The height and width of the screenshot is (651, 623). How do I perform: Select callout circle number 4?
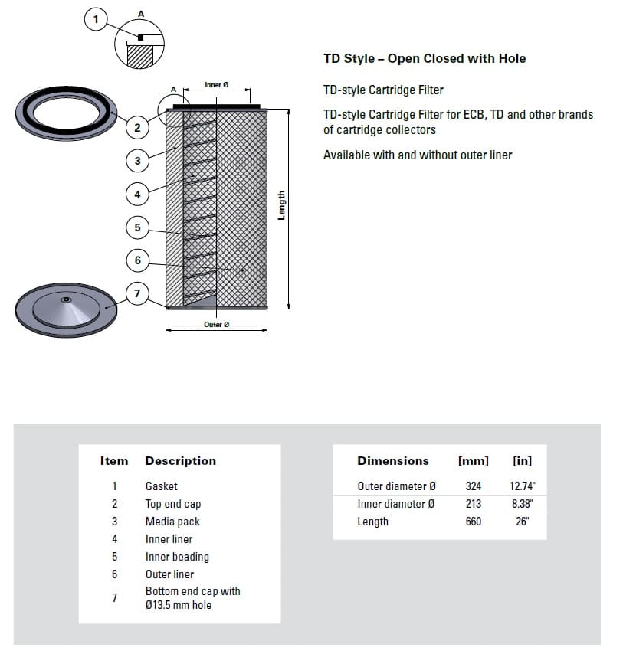tap(137, 195)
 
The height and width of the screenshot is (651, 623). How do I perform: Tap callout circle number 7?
tap(137, 294)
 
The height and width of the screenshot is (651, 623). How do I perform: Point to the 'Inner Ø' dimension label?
tap(216, 85)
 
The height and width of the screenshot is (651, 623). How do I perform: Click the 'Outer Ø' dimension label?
tap(216, 325)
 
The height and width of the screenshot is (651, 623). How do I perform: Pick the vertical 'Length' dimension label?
tap(281, 205)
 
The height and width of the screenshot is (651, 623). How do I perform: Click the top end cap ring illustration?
tap(67, 115)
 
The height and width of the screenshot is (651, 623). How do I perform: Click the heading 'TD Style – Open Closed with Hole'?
tap(425, 58)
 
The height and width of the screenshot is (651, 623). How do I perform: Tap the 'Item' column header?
tap(114, 461)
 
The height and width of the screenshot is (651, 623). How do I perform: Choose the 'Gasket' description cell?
tap(161, 486)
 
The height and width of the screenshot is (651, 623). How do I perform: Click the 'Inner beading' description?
tap(177, 557)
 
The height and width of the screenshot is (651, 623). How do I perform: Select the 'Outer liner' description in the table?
tap(169, 574)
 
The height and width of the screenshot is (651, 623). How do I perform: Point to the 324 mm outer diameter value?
tap(474, 486)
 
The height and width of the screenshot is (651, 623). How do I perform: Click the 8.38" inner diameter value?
tap(522, 504)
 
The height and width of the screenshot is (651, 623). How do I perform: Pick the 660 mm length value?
tap(474, 522)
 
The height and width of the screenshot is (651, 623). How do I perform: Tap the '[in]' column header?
tap(522, 461)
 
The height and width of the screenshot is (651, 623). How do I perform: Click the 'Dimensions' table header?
tap(393, 461)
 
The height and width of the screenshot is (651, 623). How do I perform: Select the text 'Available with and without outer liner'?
tap(418, 155)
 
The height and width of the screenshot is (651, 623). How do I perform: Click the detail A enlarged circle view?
tap(140, 43)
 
